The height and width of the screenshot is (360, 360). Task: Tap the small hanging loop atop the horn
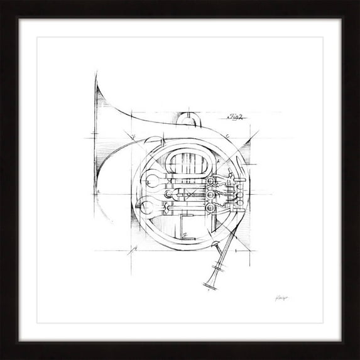pos(187,119)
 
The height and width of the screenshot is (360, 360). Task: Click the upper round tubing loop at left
pos(154,183)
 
